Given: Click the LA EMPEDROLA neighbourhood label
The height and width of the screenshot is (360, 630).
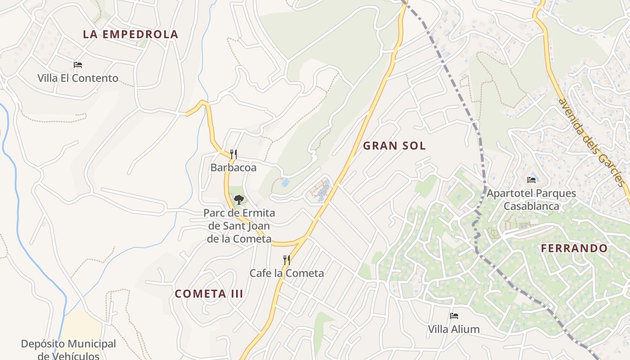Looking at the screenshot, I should (x=130, y=34).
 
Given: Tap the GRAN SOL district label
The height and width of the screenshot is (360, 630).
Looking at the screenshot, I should (x=394, y=146).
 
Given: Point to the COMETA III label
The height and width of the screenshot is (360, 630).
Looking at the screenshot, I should (x=209, y=294).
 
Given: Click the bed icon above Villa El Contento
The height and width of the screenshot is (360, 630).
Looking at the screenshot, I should (x=77, y=65).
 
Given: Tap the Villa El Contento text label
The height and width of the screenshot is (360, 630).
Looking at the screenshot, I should (x=77, y=78).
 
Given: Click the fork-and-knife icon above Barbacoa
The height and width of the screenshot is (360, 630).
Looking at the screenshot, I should (x=233, y=154).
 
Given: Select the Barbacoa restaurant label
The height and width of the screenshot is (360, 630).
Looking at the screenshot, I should (x=233, y=168).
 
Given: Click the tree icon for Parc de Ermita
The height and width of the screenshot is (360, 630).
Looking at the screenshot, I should (x=238, y=199).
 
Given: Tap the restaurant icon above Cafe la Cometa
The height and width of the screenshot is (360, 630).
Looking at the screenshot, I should (x=286, y=260).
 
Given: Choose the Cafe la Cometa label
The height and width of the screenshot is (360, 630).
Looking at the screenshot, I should (x=287, y=273).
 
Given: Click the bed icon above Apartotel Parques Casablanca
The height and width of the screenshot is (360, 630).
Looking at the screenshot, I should (x=531, y=180).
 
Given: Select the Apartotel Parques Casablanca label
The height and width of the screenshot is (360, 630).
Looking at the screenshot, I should (x=531, y=200).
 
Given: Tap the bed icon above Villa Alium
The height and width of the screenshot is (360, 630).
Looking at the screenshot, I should (x=454, y=316).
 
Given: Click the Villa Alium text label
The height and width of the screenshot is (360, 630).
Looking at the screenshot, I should (x=454, y=329).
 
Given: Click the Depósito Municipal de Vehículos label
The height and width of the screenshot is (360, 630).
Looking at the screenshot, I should (x=68, y=350).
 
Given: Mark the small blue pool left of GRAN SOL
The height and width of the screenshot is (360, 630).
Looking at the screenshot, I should (x=285, y=182).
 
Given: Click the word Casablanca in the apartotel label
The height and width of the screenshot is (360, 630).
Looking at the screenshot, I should (x=531, y=207).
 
